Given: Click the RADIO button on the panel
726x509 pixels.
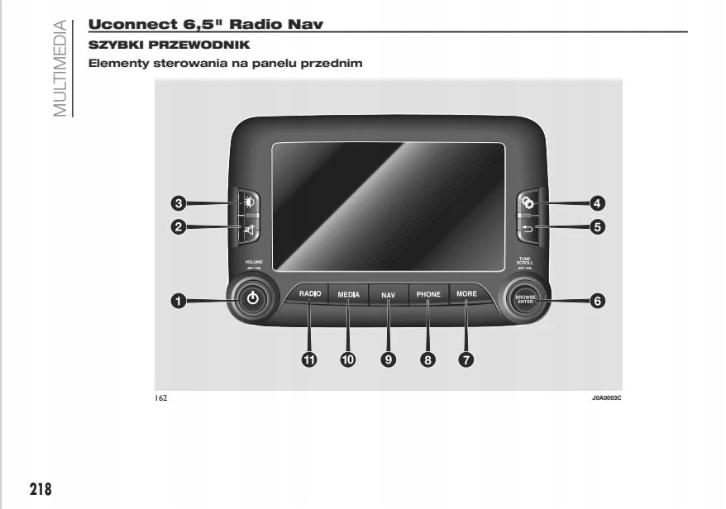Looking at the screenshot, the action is tap(310, 294).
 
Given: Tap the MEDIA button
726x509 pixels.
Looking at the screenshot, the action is tap(348, 294).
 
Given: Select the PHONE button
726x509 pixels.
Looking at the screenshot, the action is tap(428, 294).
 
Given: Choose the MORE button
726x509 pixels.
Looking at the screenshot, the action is tap(466, 294).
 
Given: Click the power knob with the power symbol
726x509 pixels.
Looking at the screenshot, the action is tap(253, 299).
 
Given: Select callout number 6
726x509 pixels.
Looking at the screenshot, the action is tap(597, 301).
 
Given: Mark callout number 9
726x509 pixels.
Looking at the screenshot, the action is tap(388, 359).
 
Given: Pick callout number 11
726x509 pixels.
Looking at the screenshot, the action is tap(310, 359).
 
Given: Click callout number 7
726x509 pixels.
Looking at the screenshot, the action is tap(467, 359).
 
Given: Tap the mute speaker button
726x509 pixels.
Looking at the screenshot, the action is tap(251, 228).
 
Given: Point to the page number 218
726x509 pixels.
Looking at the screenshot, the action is tap(41, 488).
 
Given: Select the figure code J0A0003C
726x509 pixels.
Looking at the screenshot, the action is tap(605, 397).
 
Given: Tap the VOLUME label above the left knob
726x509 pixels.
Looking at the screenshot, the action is tap(253, 262).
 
